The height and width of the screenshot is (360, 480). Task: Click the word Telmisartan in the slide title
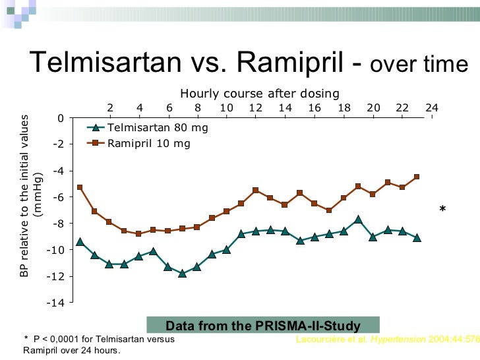[x=105, y=63]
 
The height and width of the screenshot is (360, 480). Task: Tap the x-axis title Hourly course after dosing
[x=260, y=94]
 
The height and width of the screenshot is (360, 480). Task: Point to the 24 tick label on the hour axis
[x=432, y=108]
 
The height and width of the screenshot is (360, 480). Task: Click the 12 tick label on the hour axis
[x=256, y=108]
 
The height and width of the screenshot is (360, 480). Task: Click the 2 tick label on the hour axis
[x=110, y=108]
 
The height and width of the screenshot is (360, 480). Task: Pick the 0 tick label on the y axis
[x=61, y=118]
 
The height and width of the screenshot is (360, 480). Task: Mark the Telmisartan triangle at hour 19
[x=358, y=219]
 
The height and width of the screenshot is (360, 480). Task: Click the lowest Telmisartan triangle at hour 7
[x=183, y=273]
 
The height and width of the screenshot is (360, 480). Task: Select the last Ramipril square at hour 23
[x=417, y=177]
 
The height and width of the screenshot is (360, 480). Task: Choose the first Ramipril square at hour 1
[x=80, y=187]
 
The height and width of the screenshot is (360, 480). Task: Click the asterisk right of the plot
[x=442, y=210]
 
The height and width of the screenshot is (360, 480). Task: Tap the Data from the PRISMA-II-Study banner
[x=262, y=326]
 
